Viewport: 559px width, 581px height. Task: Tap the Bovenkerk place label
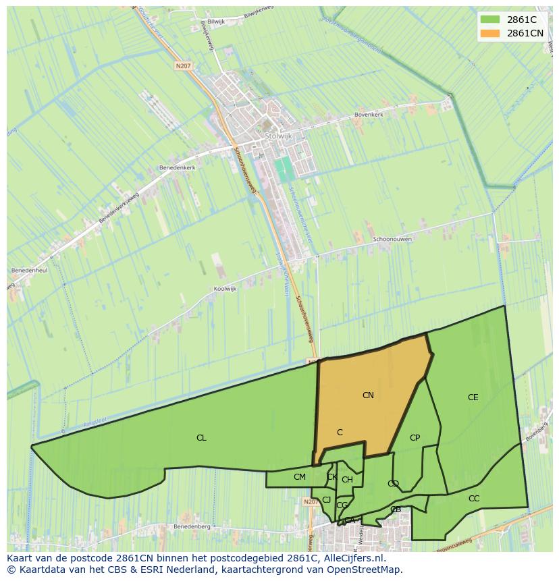pyautogui.click(x=369, y=115)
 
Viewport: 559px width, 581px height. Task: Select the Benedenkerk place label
pyautogui.click(x=176, y=167)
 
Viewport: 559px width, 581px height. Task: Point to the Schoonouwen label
pyautogui.click(x=392, y=239)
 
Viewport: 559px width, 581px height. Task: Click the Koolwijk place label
pyautogui.click(x=225, y=289)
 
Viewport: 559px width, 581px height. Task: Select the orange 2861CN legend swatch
pyautogui.click(x=491, y=33)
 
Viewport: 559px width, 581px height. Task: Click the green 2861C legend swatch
pyautogui.click(x=491, y=20)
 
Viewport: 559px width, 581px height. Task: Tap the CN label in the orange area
pyautogui.click(x=368, y=395)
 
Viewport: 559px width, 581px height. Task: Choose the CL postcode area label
pyautogui.click(x=201, y=438)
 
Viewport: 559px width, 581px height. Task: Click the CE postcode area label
pyautogui.click(x=473, y=397)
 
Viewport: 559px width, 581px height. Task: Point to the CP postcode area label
pyautogui.click(x=415, y=438)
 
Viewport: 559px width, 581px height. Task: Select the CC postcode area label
pyautogui.click(x=474, y=499)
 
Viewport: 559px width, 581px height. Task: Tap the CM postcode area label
pyautogui.click(x=300, y=477)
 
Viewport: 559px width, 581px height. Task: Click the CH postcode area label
pyautogui.click(x=347, y=480)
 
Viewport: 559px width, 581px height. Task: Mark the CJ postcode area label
pyautogui.click(x=326, y=500)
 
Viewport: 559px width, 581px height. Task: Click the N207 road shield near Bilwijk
pyautogui.click(x=183, y=65)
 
